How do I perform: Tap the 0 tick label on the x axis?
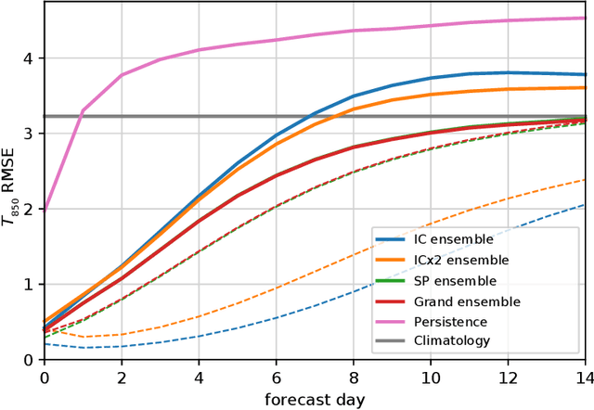pyautogui.click(x=45, y=378)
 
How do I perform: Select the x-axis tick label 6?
pyautogui.click(x=277, y=378)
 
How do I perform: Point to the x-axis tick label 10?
pyautogui.click(x=431, y=378)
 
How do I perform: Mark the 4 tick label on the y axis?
pyautogui.click(x=27, y=58)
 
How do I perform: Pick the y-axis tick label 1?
pyautogui.click(x=27, y=285)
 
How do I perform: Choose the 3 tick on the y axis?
pyautogui.click(x=27, y=134)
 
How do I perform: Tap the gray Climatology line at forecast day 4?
pyautogui.click(x=200, y=116)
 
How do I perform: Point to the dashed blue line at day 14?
pyautogui.click(x=585, y=205)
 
